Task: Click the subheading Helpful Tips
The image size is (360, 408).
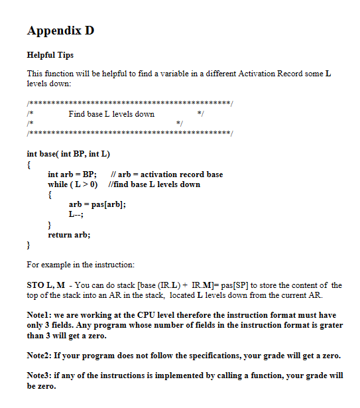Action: click(50, 55)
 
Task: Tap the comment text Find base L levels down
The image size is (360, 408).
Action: click(111, 114)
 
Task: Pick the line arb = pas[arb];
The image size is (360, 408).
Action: click(97, 204)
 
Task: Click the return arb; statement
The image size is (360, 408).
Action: click(69, 235)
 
